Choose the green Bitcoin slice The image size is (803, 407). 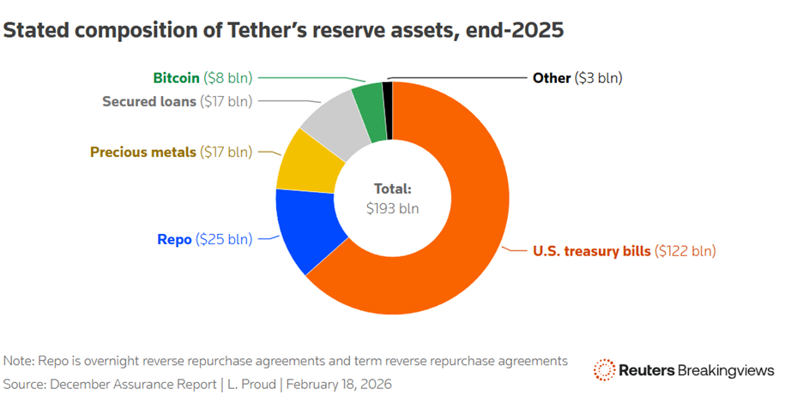(x=368, y=98)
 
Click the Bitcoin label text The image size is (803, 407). (x=176, y=78)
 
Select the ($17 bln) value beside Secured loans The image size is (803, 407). (x=226, y=102)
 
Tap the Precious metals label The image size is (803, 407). (x=142, y=153)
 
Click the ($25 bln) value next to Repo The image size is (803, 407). (x=225, y=239)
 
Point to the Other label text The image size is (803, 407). (x=552, y=78)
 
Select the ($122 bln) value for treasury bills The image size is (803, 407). (x=685, y=251)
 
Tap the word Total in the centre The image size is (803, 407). (x=392, y=189)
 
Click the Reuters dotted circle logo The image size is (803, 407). (x=604, y=370)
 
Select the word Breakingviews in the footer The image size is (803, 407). (x=726, y=370)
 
